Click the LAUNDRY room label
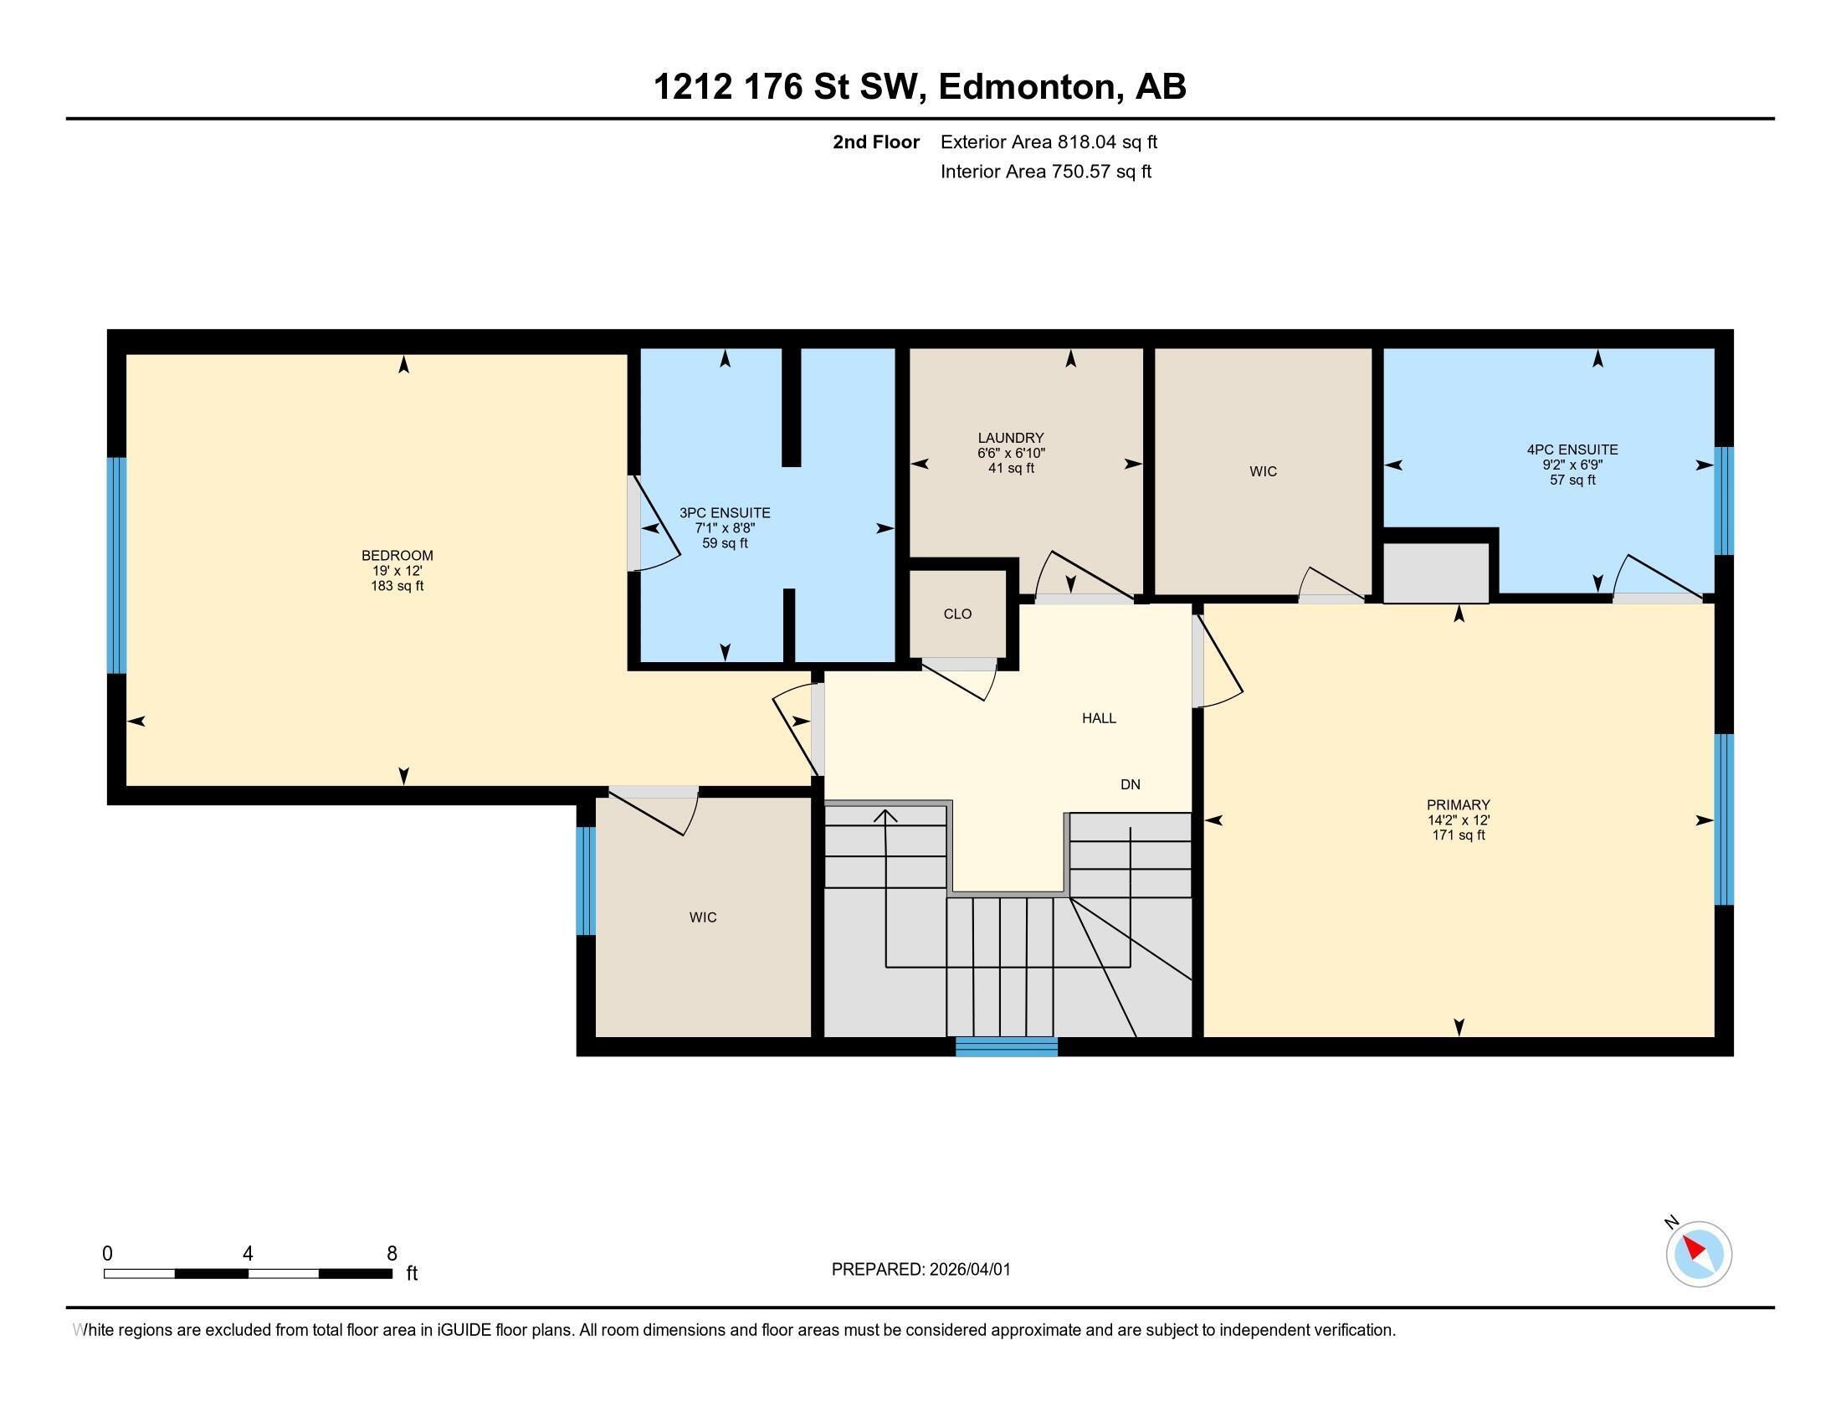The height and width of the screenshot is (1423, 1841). [1011, 439]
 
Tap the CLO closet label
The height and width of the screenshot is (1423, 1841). [957, 614]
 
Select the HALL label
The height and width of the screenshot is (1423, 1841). [1100, 718]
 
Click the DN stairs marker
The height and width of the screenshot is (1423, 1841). [1131, 785]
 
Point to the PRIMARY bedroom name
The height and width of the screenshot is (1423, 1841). [1459, 805]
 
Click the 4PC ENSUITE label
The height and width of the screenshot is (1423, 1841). [1572, 450]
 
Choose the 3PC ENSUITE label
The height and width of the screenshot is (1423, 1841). [725, 513]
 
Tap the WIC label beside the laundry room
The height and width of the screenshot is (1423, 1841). [1263, 472]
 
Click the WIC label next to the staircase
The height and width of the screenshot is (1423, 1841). [703, 917]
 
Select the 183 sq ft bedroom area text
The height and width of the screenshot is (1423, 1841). [397, 586]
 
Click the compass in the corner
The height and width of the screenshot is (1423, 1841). [1699, 1254]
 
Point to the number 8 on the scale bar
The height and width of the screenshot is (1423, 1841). [392, 1254]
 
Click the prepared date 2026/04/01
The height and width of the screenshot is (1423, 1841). [969, 1270]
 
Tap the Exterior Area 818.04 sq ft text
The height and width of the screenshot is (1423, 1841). [1049, 142]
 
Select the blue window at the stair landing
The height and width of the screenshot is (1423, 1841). [1007, 1047]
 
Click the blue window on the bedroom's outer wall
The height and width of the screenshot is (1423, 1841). [116, 566]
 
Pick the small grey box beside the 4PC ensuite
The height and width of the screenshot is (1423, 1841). [1436, 573]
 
